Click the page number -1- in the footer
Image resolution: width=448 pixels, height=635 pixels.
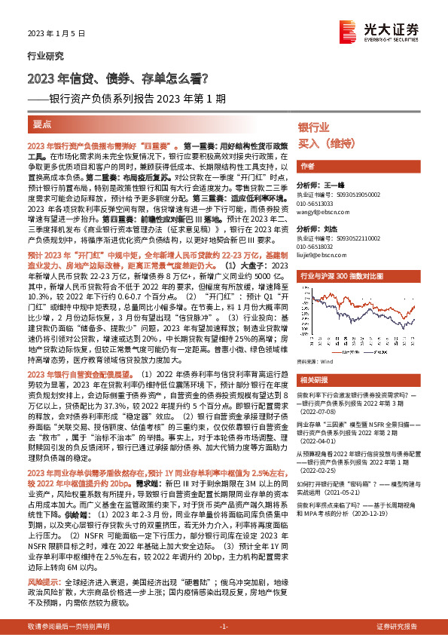[224, 627]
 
